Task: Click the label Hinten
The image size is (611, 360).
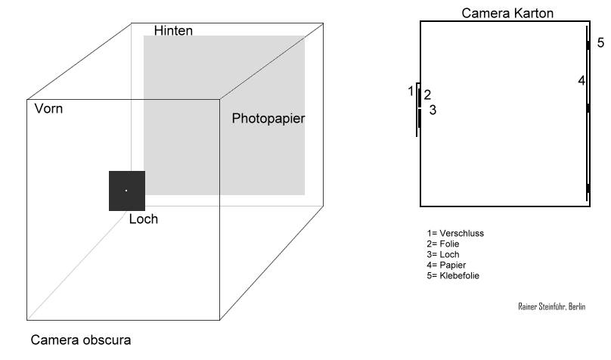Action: click(x=173, y=31)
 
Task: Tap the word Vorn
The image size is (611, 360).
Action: click(x=48, y=109)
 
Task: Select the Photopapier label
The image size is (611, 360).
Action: click(x=268, y=119)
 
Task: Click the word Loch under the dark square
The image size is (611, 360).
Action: click(x=143, y=219)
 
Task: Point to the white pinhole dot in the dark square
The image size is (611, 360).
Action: click(x=126, y=191)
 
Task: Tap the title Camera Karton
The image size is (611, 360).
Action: click(x=507, y=13)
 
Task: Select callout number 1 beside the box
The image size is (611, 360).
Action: click(x=411, y=91)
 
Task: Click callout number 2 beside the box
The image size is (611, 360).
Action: click(x=427, y=95)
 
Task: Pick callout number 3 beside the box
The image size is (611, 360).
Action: click(x=433, y=110)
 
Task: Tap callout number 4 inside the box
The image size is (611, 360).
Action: click(x=581, y=79)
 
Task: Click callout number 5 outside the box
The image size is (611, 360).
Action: click(x=600, y=43)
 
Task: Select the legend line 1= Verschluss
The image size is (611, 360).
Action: click(x=455, y=233)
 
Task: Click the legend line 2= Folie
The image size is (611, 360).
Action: click(x=443, y=244)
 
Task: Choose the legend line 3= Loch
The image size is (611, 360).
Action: click(x=443, y=254)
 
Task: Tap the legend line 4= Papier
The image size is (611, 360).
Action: click(x=446, y=265)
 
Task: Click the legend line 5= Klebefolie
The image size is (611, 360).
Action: click(x=453, y=275)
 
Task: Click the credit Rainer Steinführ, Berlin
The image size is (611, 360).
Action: click(x=551, y=306)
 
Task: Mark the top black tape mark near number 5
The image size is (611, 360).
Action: click(x=588, y=45)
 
